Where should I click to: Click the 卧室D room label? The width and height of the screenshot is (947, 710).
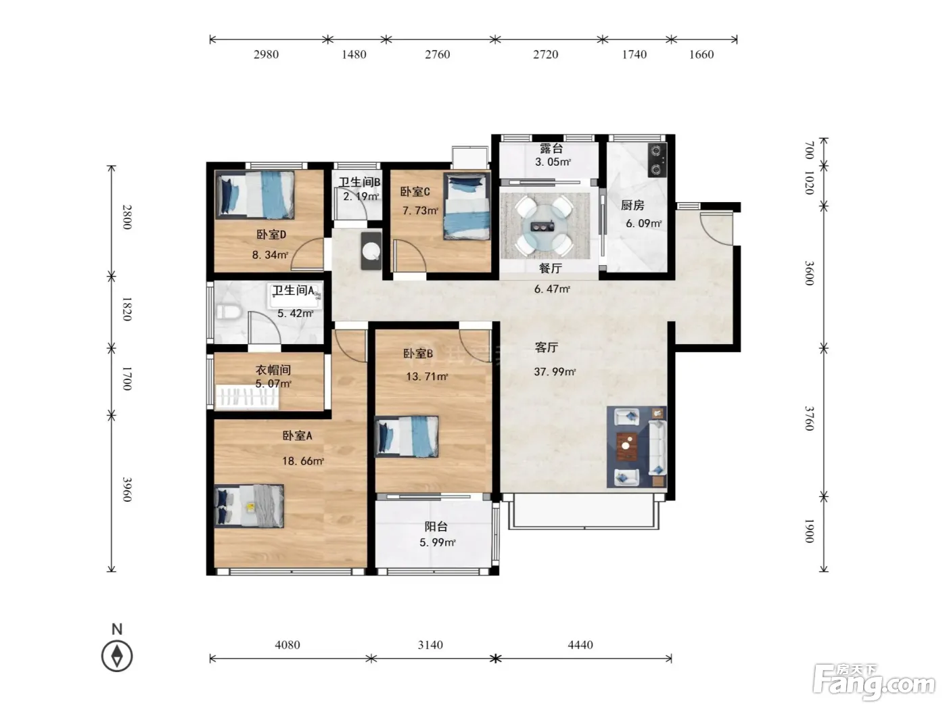point(271,235)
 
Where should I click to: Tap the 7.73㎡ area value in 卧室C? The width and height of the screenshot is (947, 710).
point(420,210)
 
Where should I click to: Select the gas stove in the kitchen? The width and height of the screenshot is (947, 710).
point(657,160)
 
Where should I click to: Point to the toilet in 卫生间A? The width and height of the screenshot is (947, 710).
point(228,311)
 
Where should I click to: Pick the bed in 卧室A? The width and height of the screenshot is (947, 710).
point(249,506)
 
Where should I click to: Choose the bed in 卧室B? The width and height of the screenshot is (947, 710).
point(407,436)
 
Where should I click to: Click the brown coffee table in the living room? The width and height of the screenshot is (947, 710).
point(627,446)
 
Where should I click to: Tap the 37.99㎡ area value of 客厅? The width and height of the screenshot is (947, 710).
point(555,371)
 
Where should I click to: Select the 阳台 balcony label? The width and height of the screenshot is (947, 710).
point(436,526)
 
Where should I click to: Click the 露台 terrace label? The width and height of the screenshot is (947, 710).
point(551,149)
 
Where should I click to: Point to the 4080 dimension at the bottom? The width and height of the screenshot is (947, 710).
point(287,644)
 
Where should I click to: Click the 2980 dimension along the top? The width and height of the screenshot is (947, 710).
point(267,54)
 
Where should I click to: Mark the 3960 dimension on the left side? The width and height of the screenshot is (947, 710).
point(127,490)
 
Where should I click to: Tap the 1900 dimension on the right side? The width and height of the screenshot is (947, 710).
point(810,531)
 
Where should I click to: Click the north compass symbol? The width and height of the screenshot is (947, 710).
point(117,656)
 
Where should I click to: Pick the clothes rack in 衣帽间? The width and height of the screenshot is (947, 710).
point(247,397)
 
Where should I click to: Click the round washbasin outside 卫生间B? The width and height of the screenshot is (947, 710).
point(371,251)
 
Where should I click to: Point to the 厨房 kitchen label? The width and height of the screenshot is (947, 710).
point(632,205)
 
